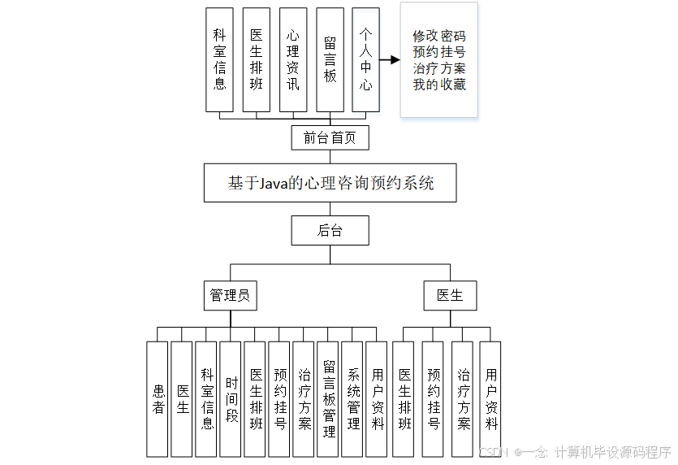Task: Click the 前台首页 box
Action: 330,137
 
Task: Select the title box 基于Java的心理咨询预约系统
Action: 330,183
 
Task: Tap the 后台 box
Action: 330,230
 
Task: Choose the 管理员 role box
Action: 230,295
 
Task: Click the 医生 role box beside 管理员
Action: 450,295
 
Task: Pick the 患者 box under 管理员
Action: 158,398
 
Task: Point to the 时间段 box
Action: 231,398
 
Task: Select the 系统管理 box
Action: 352,398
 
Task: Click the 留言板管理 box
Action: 328,398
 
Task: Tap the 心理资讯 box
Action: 292,59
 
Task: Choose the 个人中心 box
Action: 366,59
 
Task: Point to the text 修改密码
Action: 438,36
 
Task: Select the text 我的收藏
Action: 438,85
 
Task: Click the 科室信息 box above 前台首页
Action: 219,59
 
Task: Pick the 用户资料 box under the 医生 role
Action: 490,398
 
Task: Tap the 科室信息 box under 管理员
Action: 206,398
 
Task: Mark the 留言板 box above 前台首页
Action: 330,59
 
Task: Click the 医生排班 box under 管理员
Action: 255,398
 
